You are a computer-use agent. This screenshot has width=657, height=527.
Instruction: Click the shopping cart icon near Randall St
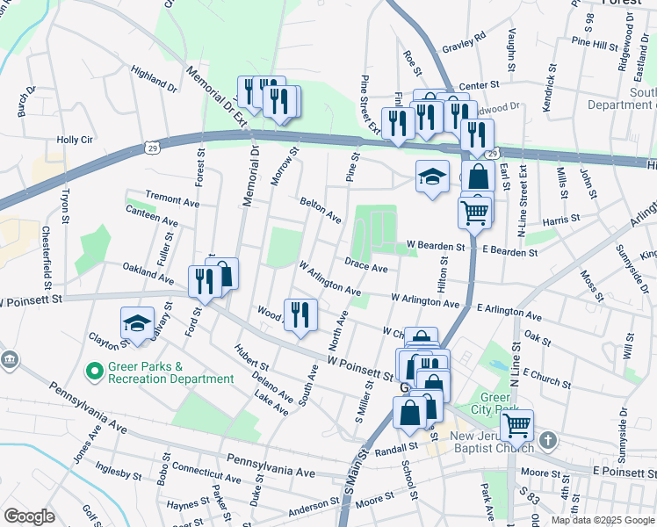coord(516,426)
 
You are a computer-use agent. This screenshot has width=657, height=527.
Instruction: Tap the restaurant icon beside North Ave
coord(300,314)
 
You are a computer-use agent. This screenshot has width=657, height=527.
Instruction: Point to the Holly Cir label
coord(75,140)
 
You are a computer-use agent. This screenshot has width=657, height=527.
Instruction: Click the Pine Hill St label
coord(595,42)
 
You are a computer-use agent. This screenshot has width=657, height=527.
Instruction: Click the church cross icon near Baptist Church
coord(547,439)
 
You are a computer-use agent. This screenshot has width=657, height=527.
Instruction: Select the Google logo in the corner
coord(29,516)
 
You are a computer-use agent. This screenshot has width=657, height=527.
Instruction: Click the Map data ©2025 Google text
coord(602,520)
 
